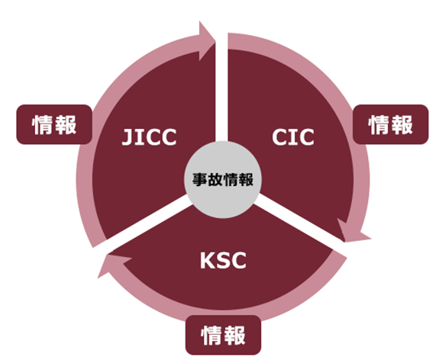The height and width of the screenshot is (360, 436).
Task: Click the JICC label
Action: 150,137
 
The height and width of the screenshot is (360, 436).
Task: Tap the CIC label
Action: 293,137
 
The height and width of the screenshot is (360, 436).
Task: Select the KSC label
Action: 223,260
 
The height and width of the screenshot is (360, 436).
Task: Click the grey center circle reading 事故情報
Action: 223,179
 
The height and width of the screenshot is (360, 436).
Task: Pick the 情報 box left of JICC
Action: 54,124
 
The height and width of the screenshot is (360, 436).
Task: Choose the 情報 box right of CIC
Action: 390,124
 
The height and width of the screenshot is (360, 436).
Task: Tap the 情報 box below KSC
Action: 223,335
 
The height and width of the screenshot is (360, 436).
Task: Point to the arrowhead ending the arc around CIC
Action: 352,232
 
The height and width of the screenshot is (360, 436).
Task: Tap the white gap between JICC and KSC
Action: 144,222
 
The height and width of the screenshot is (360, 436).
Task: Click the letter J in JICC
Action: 127,137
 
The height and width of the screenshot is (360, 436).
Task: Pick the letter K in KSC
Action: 207,260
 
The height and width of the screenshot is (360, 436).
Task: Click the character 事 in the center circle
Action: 199,179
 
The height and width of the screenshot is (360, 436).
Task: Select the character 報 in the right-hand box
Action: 402,125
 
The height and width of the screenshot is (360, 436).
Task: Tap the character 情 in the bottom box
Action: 212,336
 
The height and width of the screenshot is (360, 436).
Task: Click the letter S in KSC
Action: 224,260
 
